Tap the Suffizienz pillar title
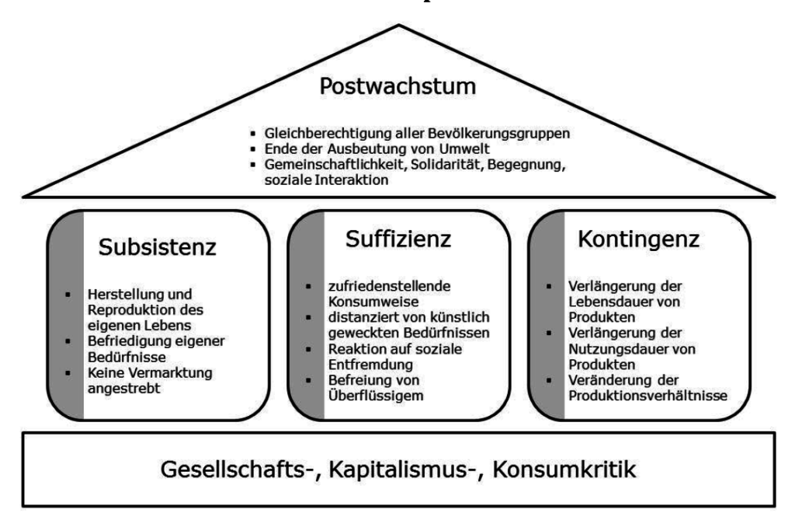[399, 241]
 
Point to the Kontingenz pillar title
[639, 241]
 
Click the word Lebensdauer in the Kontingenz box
[605, 303]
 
